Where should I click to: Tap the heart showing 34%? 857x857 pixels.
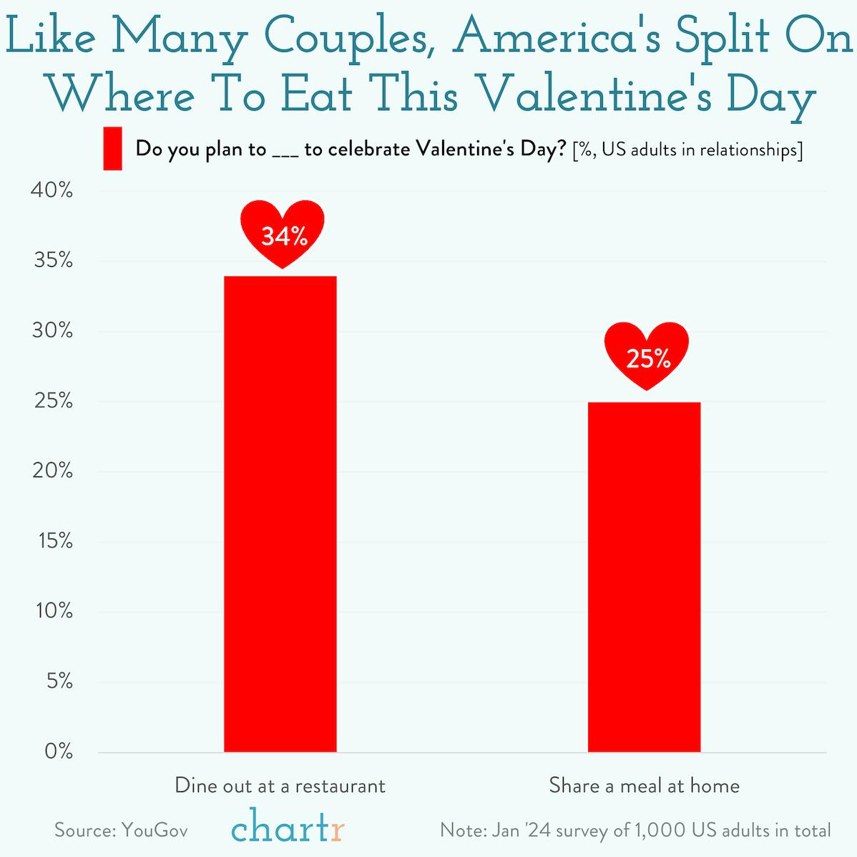coord(283,232)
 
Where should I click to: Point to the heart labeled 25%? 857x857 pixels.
coord(647,355)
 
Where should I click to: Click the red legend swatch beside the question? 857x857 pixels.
coord(112,149)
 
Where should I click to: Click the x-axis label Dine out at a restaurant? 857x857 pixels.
coord(280,785)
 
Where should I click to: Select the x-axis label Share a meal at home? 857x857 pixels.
coord(644,785)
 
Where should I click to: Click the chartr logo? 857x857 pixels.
coord(288,827)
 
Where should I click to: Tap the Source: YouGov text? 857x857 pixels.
coord(121,830)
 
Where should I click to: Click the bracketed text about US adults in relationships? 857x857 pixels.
coord(687,150)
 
